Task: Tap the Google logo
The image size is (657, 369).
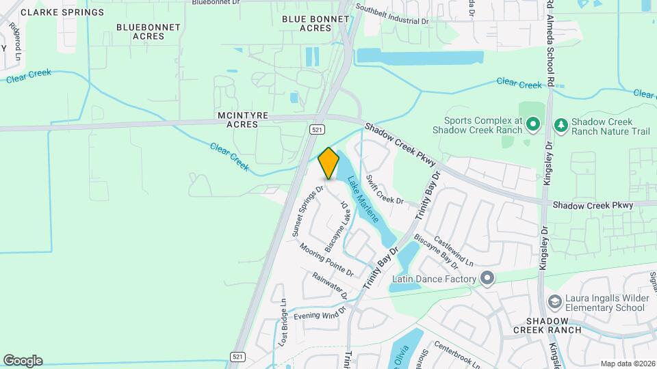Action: coord(23,360)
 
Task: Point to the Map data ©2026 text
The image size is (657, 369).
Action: coord(627,363)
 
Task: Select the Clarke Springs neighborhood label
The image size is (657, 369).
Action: coord(63,12)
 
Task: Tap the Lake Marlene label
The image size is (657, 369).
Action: coord(362,200)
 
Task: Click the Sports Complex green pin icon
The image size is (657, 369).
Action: coord(534,124)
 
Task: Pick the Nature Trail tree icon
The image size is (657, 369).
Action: coord(561,124)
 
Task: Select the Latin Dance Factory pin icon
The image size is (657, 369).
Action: coord(487,279)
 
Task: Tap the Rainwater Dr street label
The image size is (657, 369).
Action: coord(330,286)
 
